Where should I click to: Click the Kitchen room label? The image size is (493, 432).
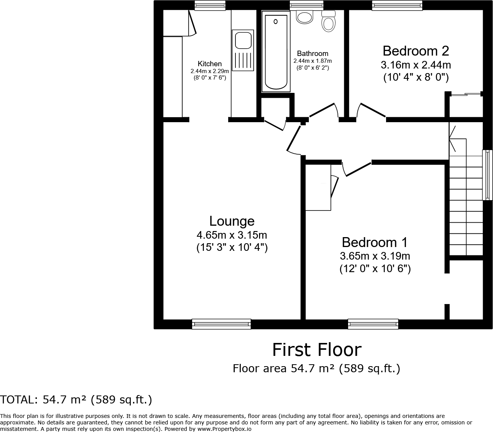coord(210,64)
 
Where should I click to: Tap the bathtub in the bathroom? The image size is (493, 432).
coord(275,51)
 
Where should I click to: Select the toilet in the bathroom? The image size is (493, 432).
coord(328,21)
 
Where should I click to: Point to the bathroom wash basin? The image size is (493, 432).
coord(304,17)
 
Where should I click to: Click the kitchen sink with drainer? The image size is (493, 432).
coord(242,51)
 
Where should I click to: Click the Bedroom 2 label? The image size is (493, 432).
coord(415,51)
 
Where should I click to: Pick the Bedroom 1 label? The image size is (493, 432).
coord(375,242)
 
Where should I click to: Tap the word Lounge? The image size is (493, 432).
coord(232,221)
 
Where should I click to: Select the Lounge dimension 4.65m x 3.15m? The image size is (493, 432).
coord(232,234)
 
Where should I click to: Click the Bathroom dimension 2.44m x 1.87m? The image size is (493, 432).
coord(312,61)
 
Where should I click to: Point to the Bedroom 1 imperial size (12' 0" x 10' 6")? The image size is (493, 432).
coord(375,269)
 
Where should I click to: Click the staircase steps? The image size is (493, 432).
coord(466,206)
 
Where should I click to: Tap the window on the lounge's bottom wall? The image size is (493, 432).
coord(221,324)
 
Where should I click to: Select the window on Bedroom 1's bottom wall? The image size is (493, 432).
coord(373,324)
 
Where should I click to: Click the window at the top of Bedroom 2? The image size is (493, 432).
coord(397,5)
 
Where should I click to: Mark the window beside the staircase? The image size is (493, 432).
coord(487,175)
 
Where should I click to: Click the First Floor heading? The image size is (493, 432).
coord(316,350)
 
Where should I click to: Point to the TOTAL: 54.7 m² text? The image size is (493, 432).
coord(76,400)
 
